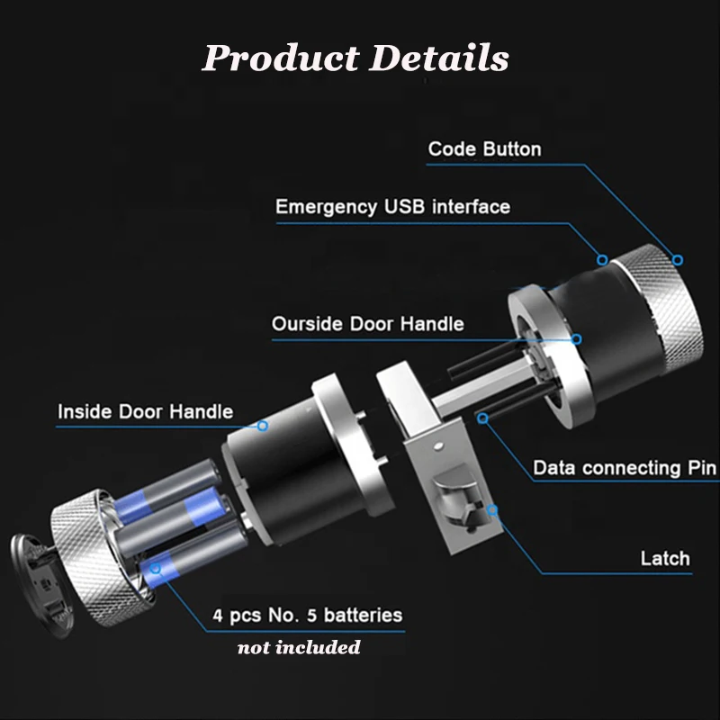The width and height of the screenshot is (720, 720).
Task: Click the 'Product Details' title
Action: pyautogui.click(x=355, y=58)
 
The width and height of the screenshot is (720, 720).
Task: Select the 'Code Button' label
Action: pyautogui.click(x=484, y=148)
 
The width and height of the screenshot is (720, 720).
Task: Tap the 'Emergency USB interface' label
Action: pyautogui.click(x=392, y=207)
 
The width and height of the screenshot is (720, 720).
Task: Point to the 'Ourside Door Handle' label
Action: pyautogui.click(x=368, y=323)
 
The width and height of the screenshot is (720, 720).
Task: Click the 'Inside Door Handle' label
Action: pyautogui.click(x=145, y=412)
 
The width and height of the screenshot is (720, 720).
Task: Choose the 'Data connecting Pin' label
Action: pyautogui.click(x=625, y=468)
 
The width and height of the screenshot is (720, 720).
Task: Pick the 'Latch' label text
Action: pyautogui.click(x=665, y=558)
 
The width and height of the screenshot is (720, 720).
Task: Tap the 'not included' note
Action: pyautogui.click(x=298, y=647)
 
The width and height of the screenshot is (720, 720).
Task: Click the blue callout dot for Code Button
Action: pyautogui.click(x=678, y=260)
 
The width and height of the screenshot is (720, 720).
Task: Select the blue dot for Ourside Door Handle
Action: pyautogui.click(x=577, y=339)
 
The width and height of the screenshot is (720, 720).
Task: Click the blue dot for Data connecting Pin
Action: pyautogui.click(x=483, y=418)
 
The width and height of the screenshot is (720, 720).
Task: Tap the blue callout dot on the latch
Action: pyautogui.click(x=492, y=510)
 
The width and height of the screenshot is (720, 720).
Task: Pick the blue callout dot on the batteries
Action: pyautogui.click(x=156, y=568)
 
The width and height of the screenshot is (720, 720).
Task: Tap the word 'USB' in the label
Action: pyautogui.click(x=405, y=207)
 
